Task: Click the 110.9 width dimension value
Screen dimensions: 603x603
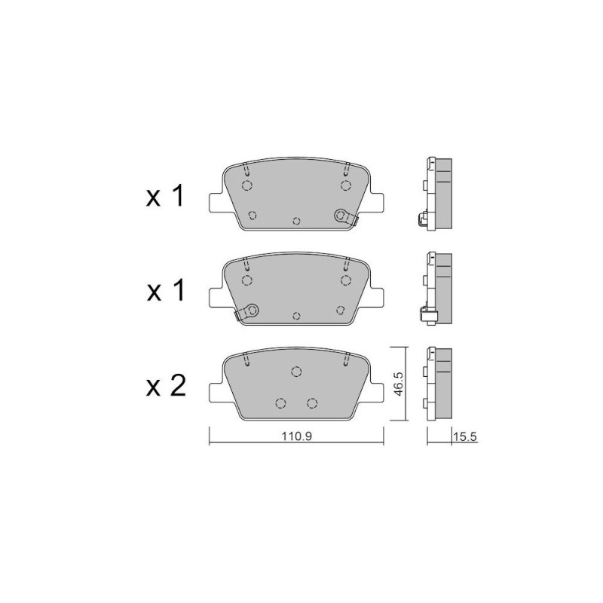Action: (296, 436)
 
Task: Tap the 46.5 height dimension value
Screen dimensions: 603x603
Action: (399, 384)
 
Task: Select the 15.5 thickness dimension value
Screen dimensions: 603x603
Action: (465, 437)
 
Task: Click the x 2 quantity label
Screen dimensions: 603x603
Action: (166, 386)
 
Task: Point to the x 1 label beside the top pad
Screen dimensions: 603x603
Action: (165, 197)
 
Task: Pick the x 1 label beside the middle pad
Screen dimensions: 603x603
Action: (166, 291)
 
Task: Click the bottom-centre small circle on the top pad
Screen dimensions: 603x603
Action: (296, 221)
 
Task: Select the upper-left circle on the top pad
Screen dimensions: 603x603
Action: (247, 185)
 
